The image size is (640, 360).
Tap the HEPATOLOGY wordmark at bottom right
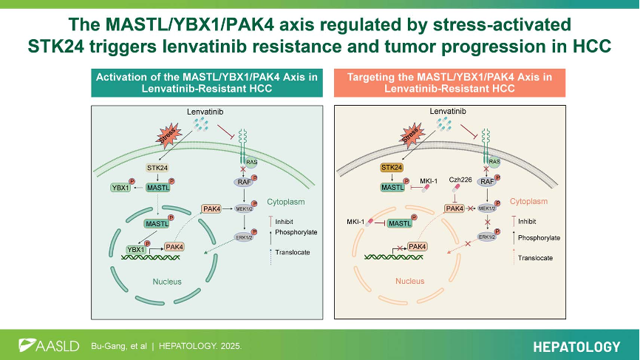576,346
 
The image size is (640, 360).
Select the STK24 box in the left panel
157,169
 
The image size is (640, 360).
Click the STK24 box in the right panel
392,169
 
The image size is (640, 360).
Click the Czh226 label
460,180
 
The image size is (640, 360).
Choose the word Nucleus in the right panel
410,281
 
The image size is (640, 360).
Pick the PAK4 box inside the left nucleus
175,246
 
